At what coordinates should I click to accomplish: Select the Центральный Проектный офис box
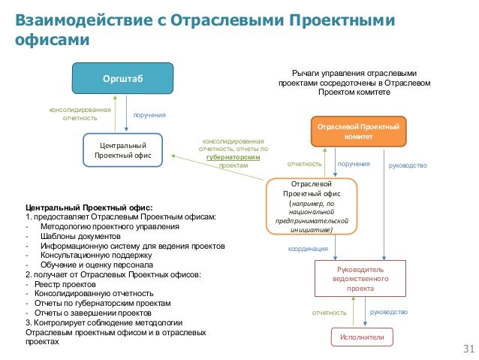point(122,150)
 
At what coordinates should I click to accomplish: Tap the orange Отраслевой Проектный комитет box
point(358,131)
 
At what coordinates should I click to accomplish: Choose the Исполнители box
point(358,337)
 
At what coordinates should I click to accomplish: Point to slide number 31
point(470,349)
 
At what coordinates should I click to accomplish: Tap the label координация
point(309,248)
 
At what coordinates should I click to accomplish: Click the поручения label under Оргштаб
point(149,116)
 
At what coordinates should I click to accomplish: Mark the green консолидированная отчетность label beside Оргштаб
point(80,113)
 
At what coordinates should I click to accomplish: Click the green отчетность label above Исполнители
point(329,312)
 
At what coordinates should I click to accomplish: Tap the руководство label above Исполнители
point(389,312)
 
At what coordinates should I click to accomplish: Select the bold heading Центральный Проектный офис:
point(89,207)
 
